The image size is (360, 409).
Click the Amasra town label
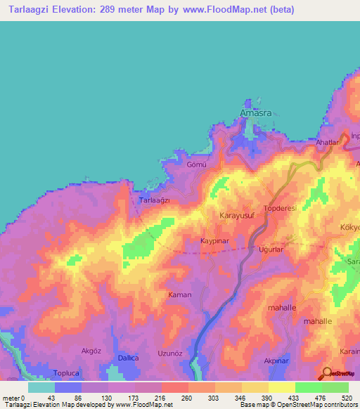pos(255,112)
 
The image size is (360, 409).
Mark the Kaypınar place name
pos(216,240)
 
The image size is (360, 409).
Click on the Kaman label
pos(179,294)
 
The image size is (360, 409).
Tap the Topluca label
pos(69,372)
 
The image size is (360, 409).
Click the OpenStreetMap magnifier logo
pos(326,372)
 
